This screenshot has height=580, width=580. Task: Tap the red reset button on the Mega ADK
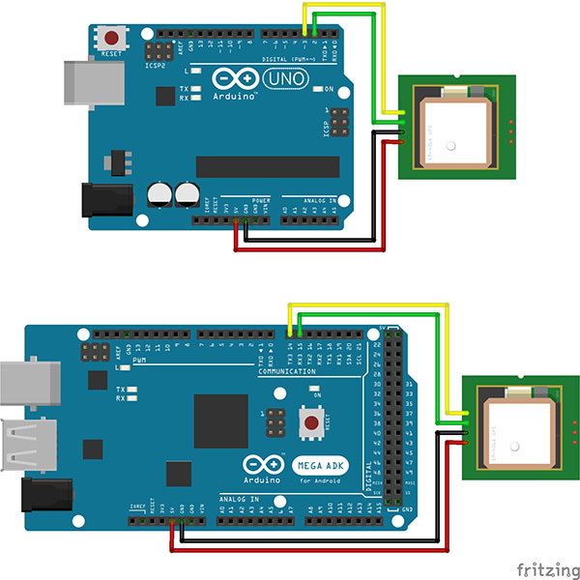(x=312, y=421)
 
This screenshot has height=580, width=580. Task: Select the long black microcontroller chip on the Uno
(x=267, y=166)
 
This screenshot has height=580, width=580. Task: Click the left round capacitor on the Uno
(x=159, y=194)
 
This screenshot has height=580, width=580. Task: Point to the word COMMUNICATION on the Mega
(x=286, y=371)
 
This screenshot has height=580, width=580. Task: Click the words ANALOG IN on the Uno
(x=321, y=202)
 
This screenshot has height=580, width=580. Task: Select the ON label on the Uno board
(x=330, y=89)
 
